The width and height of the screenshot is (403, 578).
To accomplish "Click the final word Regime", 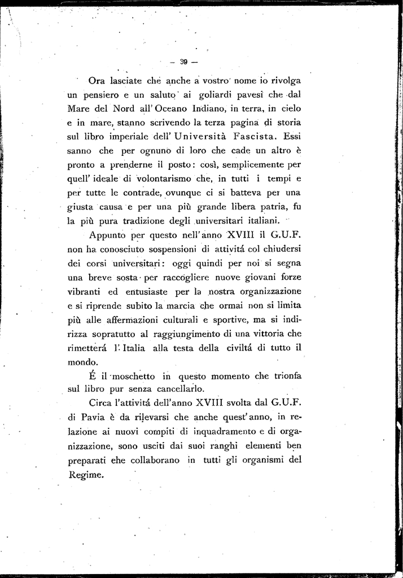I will (86, 475).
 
